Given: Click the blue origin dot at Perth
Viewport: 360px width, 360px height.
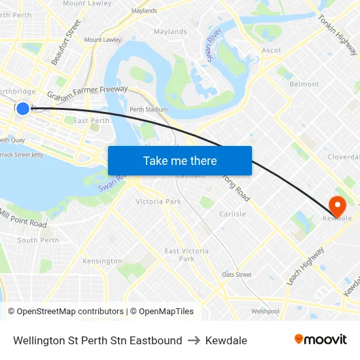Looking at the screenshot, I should point(23,108).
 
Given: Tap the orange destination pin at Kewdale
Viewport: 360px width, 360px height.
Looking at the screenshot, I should point(338,206).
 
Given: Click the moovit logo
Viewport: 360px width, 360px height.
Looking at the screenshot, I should point(320,339).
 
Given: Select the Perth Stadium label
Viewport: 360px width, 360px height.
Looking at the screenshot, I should point(148,109).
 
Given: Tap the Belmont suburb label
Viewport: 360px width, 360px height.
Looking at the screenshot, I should point(304,84).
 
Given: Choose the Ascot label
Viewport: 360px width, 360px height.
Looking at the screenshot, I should point(271,50).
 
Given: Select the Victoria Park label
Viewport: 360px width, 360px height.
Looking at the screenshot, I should point(158,202).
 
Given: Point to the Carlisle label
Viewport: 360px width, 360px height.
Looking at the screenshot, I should point(232,214).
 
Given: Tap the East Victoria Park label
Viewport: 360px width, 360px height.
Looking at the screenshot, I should point(187,255).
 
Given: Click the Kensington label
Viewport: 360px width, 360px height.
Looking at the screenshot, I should point(102,261).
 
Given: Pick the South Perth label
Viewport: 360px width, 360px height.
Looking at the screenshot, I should point(38,240).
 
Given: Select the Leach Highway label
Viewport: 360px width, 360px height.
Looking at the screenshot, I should point(305,266).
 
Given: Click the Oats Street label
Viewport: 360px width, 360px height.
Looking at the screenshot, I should point(236,275).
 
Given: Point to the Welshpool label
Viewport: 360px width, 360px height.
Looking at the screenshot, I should point(265,312).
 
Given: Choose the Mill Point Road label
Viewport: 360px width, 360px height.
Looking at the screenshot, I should point(23,219).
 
